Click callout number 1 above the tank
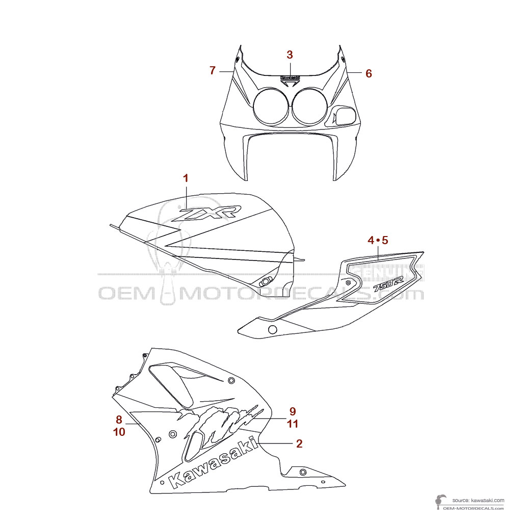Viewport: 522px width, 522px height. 186,178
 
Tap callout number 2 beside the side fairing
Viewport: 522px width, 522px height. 299,443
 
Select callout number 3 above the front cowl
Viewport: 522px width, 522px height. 290,55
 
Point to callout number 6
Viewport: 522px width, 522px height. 369,73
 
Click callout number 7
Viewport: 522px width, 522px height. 213,71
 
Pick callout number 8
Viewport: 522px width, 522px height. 119,420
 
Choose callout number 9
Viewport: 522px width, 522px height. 293,411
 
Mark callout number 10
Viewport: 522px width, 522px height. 119,432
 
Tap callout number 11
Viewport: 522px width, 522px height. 293,424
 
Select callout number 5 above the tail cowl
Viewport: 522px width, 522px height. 385,240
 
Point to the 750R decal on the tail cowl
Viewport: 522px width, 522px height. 389,283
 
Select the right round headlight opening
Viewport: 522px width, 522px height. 310,106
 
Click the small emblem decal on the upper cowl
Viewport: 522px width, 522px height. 290,79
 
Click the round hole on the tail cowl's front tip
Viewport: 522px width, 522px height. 272,330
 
